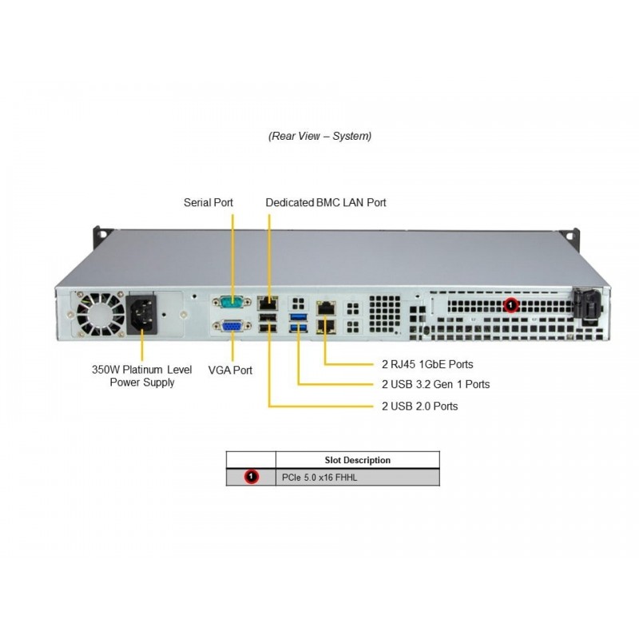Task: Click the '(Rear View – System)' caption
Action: [319, 136]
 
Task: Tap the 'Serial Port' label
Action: [208, 203]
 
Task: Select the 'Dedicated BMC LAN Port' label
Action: [326, 203]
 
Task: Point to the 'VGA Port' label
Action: [230, 370]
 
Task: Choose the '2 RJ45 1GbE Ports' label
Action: [427, 364]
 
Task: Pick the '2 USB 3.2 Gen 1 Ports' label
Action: [436, 384]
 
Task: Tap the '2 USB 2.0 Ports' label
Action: [420, 406]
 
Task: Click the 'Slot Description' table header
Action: [357, 460]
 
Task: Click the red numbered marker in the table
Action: [252, 477]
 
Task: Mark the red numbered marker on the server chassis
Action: [512, 304]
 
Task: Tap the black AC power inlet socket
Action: [143, 313]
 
